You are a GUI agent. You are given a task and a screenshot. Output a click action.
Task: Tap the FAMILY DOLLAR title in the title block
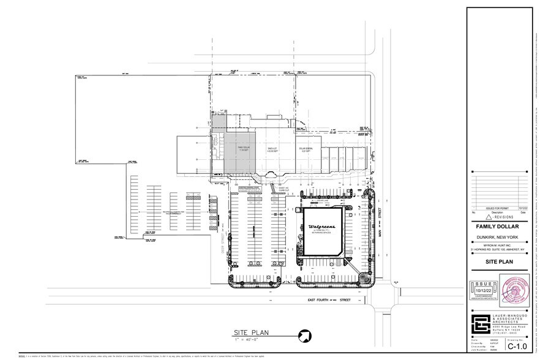pyautogui.click(x=497, y=225)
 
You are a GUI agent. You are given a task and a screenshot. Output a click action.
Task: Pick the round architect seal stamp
pyautogui.click(x=517, y=291)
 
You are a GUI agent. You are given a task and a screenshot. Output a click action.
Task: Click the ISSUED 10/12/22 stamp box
pyautogui.click(x=482, y=290)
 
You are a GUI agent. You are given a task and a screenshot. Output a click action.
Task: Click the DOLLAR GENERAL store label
pyautogui.click(x=306, y=149)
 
